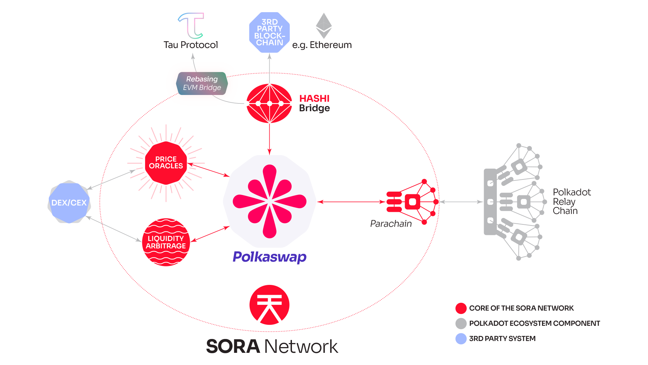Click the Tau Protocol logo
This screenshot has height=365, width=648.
coord(191,26)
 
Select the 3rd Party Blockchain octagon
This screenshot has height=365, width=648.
coord(269,32)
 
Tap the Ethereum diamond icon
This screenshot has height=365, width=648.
coord(324,26)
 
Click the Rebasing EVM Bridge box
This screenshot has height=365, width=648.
coord(202,83)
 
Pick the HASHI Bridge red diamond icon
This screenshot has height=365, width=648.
coord(269,103)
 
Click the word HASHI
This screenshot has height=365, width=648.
coord(314,98)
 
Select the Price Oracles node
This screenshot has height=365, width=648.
coord(166,163)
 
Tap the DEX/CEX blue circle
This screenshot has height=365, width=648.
coord(69,202)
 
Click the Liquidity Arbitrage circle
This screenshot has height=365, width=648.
coord(166,242)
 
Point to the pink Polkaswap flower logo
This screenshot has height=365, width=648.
coord(269,201)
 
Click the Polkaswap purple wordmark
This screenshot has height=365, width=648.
coord(269,257)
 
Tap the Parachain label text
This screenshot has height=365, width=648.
coord(391,224)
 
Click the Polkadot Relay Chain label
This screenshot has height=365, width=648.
coord(571,202)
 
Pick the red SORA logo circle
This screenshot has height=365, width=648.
coord(269,305)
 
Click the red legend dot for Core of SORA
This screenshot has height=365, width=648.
coord(461,308)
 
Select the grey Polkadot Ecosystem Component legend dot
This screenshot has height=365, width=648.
coord(461,323)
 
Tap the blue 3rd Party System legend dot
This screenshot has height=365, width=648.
coord(461,339)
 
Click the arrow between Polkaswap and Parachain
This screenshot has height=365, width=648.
coord(351,202)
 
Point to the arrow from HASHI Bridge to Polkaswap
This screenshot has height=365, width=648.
coord(269,139)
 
